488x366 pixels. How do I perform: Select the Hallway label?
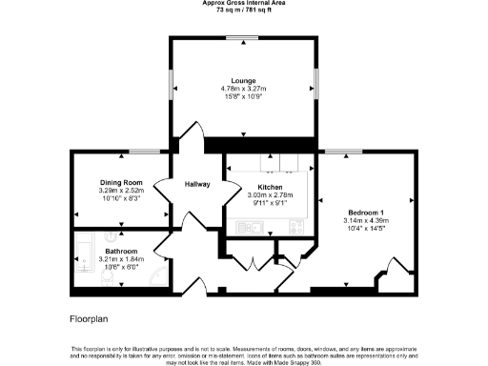196,184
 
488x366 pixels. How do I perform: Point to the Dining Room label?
121,182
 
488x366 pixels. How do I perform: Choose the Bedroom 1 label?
366,212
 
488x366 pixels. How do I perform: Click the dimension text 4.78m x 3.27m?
242,90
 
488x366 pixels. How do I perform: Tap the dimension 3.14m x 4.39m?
366,220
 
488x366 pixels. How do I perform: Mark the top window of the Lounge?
242,38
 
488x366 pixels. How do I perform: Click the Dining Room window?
144,151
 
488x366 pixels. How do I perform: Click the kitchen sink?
252,226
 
